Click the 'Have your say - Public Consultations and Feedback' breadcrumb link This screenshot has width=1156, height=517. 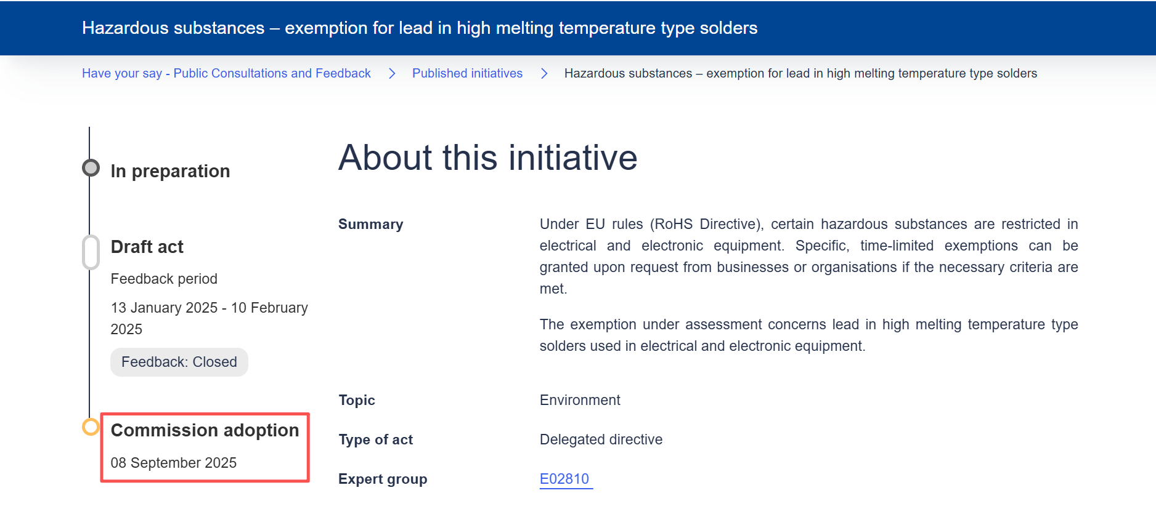point(226,73)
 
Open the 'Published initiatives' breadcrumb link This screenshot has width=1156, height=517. point(467,73)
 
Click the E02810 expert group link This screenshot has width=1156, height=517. point(564,479)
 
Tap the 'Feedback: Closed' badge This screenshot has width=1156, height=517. point(179,362)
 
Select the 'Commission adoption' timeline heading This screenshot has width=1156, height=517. point(205,430)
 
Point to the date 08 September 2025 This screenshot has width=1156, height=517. point(174,463)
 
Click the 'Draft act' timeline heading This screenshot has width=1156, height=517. point(147,247)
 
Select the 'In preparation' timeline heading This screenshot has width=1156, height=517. point(170,171)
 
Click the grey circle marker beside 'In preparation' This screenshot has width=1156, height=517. point(91,167)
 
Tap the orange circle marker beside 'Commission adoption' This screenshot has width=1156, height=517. point(91,427)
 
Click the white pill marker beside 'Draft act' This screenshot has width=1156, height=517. point(91,252)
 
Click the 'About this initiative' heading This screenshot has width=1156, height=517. point(487,158)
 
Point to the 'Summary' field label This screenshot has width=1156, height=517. point(371,224)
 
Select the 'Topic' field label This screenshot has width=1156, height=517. point(357,400)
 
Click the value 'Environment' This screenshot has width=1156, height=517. point(580,400)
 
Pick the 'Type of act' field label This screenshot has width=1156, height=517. point(376,439)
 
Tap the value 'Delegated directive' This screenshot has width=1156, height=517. point(601,439)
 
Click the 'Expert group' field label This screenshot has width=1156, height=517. point(383,479)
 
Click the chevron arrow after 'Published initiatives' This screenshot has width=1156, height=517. point(544,74)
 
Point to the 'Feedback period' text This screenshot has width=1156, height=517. point(164,279)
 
